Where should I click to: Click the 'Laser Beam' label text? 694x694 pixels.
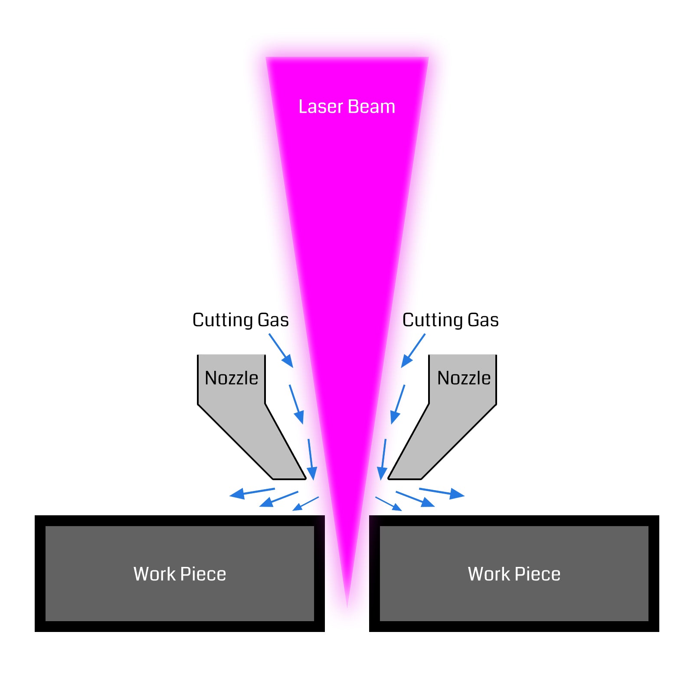tap(347, 107)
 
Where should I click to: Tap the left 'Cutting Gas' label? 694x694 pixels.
tap(240, 320)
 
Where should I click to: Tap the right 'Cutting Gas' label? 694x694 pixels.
tap(450, 320)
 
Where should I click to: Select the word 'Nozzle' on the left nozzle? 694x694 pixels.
tap(231, 378)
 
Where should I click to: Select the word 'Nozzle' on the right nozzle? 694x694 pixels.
tap(464, 378)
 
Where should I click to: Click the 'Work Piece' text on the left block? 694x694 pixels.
tap(180, 574)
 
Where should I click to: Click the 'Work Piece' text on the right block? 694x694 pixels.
tap(514, 574)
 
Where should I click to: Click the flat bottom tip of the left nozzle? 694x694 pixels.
tap(289, 478)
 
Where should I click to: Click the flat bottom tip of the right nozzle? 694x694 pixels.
tap(405, 478)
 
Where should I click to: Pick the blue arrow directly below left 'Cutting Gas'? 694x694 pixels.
tap(281, 350)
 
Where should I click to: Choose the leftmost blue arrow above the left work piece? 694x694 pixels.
tap(252, 492)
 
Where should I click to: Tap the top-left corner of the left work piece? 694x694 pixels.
tap(36, 516)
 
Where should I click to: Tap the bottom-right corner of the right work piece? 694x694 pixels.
tap(658, 631)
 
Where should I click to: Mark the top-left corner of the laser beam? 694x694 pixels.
tap(266, 58)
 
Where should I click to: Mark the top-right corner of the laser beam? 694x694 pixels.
tap(428, 58)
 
